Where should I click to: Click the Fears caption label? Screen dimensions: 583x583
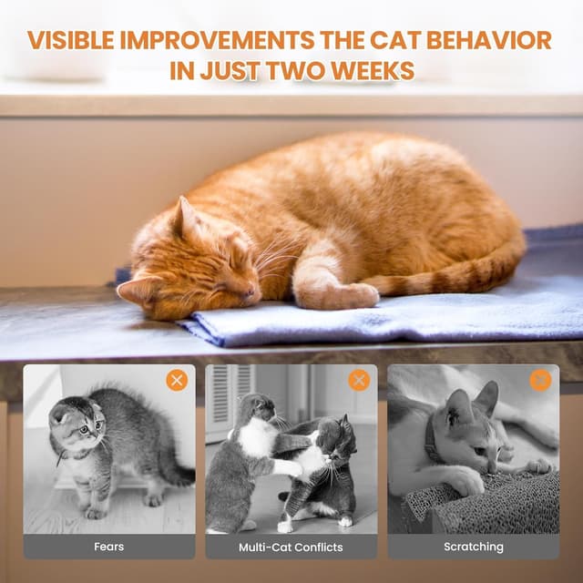tap(109, 547)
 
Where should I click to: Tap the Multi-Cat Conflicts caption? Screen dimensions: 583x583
tap(291, 547)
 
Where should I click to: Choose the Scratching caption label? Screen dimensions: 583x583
tap(473, 547)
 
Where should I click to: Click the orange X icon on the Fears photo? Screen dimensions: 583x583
tap(177, 380)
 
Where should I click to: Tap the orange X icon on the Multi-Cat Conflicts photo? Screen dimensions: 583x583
tap(359, 380)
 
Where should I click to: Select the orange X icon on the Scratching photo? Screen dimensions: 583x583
tap(540, 380)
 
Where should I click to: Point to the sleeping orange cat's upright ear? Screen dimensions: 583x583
tap(186, 216)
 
